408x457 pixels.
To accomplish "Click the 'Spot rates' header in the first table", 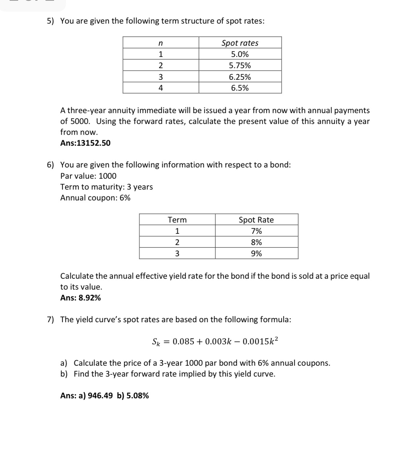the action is pos(240,43).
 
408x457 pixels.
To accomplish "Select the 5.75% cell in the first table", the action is pos(240,66).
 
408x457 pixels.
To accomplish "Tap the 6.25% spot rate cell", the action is pos(240,77).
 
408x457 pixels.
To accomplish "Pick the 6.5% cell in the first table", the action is pos(240,88).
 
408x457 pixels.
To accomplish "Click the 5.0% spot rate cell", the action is pos(240,54).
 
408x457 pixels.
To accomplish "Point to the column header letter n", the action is pos(160,43).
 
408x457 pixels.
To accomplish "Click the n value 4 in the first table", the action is pos(161,88).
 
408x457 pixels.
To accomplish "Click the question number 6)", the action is pos(50,165).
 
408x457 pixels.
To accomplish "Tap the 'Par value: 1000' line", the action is pos(88,176).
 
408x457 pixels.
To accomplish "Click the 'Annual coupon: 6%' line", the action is pos(95,198).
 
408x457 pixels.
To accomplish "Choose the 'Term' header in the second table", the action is pos(177,220).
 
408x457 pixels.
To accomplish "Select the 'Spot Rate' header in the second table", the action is pos(256,220).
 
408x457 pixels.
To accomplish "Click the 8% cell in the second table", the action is pos(256,242).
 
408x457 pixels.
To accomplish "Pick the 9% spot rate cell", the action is pos(256,253).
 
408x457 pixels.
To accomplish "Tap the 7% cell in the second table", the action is pos(256,231).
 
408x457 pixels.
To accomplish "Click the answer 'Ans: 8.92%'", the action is pos(81,298).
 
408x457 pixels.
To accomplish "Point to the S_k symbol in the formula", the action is pos(155,341).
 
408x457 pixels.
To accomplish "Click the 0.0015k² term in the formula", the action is pos(260,341).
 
